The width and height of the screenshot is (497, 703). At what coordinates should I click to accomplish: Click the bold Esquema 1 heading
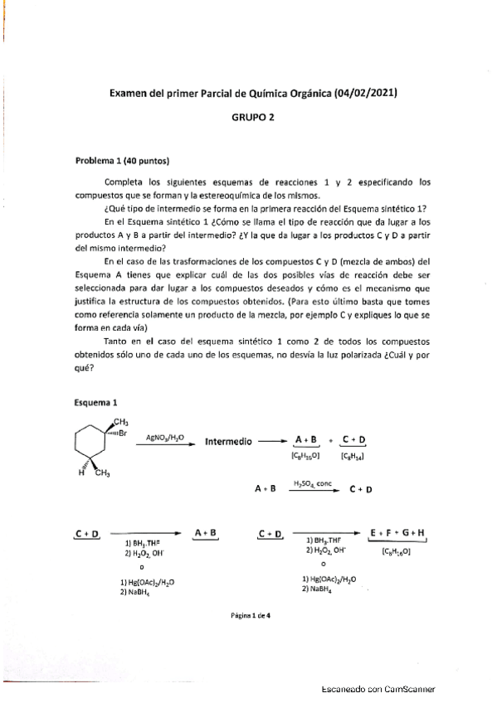97,403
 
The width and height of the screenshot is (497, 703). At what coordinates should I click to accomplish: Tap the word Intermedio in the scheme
228,443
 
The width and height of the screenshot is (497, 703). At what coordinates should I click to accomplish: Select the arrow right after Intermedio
271,443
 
